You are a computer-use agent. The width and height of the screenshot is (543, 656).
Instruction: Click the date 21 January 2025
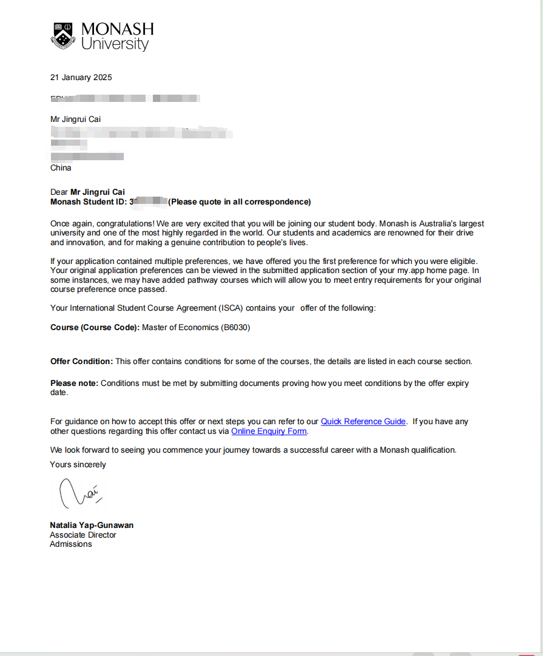(81, 77)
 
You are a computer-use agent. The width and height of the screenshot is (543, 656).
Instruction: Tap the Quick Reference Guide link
(363, 421)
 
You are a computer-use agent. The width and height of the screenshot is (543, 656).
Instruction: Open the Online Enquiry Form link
(269, 431)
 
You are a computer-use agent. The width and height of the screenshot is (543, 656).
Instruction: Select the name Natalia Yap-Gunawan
(91, 525)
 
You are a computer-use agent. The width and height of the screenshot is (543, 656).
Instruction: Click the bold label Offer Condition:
(81, 361)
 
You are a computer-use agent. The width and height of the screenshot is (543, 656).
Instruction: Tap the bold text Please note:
(74, 383)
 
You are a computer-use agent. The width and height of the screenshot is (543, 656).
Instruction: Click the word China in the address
(61, 167)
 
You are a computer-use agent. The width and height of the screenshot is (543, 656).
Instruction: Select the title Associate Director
(83, 535)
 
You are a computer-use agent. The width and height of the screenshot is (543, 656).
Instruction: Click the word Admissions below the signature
(70, 544)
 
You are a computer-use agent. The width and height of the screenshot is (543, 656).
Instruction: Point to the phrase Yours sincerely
(78, 464)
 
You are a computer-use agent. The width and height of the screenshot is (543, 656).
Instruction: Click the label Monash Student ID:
(89, 201)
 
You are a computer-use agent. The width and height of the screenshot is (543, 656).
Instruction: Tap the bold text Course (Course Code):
(95, 327)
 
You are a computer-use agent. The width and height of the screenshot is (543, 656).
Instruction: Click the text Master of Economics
(180, 327)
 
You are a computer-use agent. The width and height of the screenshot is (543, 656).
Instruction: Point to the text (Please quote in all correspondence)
(239, 201)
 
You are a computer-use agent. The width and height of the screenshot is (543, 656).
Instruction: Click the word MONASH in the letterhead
(117, 29)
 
